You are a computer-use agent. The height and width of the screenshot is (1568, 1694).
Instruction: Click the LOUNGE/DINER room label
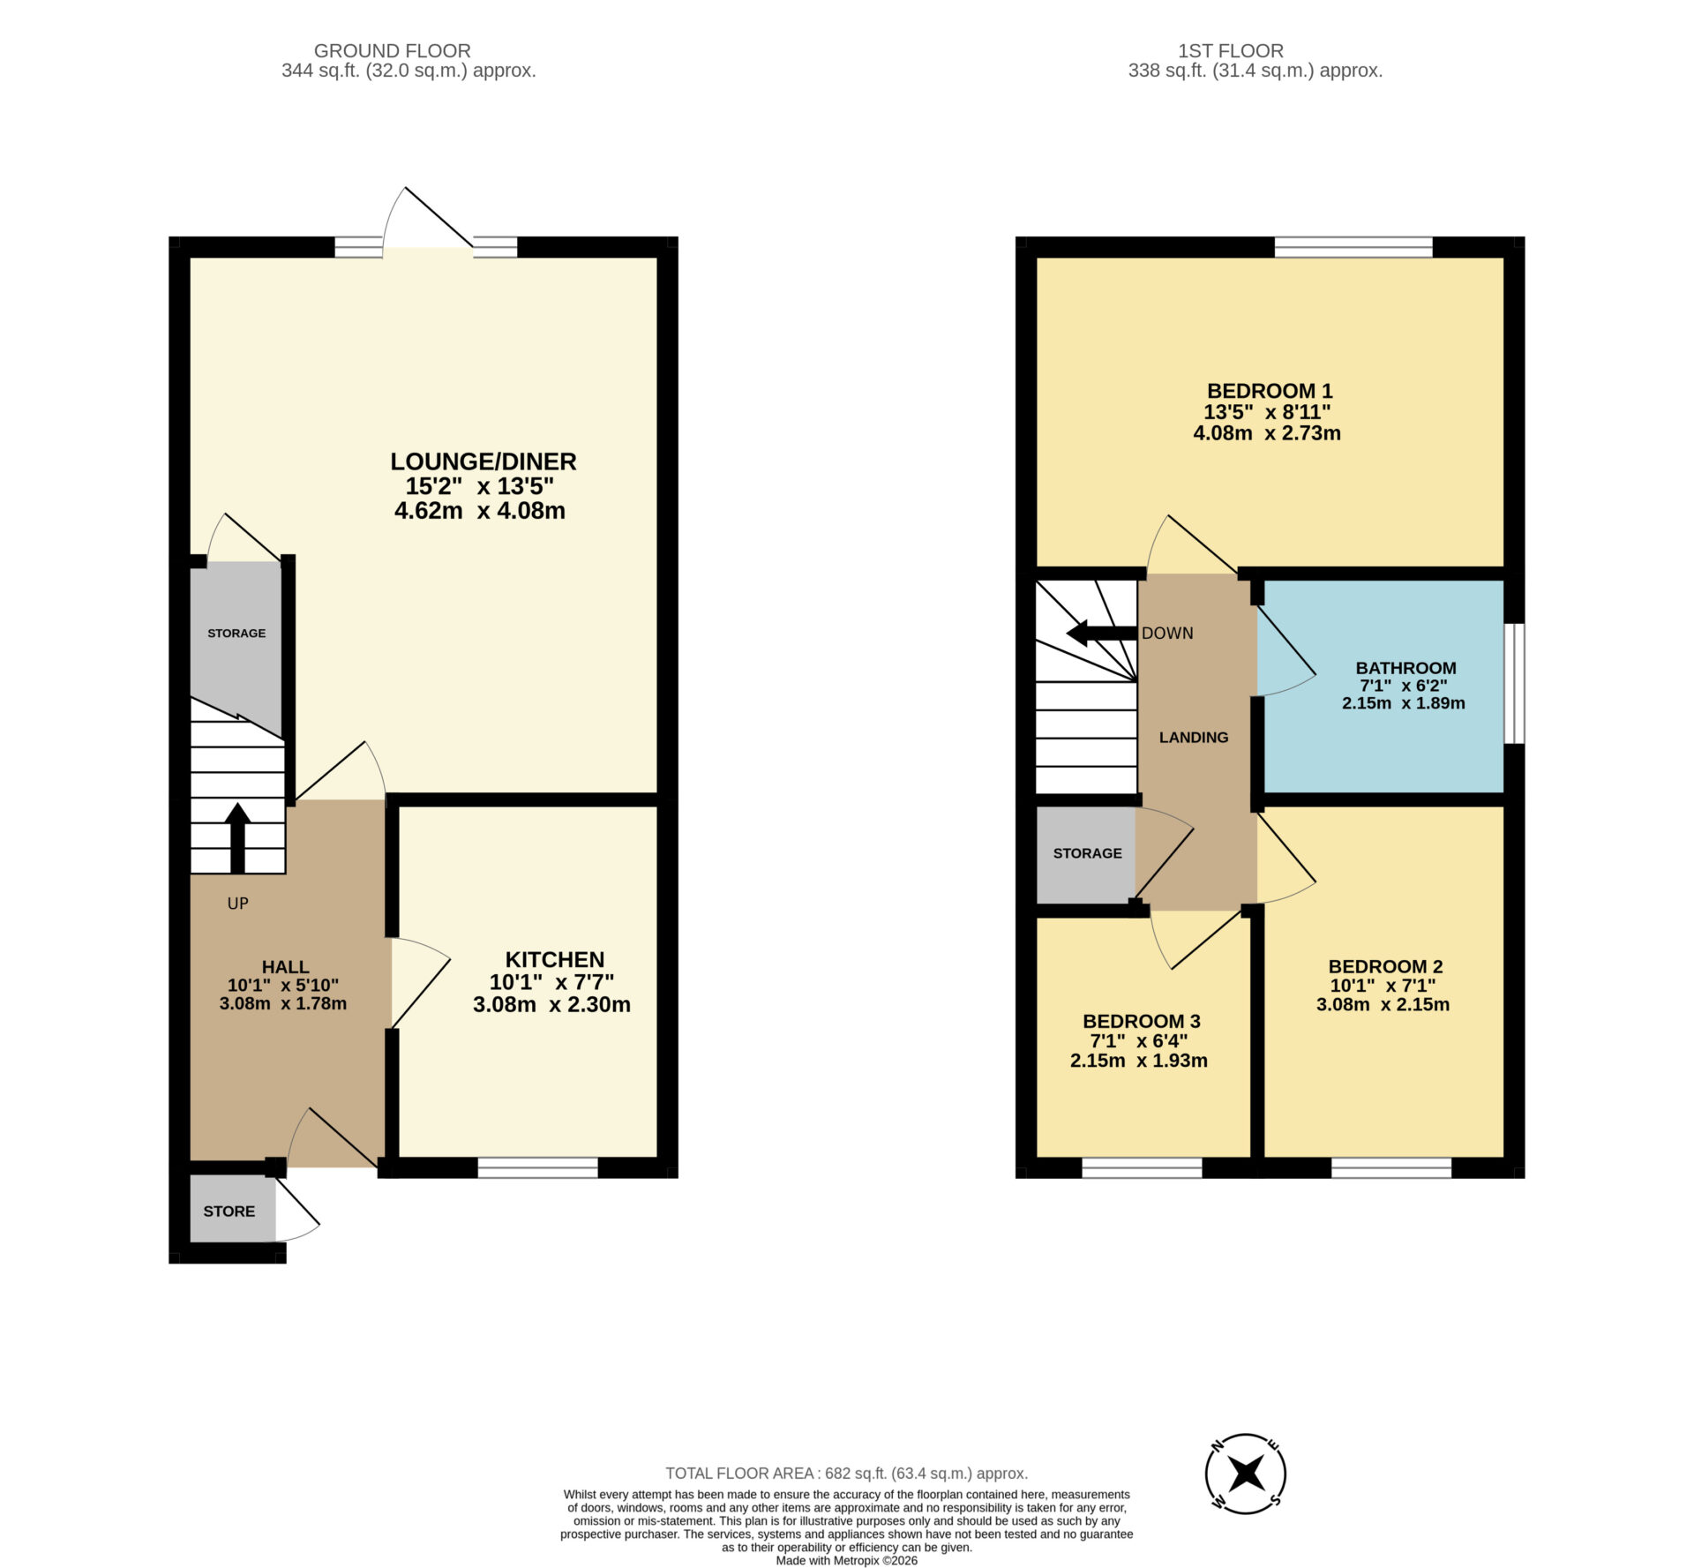pos(483,461)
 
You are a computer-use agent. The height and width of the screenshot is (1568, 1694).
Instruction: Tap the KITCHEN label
pos(554,959)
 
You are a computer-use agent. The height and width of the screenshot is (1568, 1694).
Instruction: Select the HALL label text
pos(285,966)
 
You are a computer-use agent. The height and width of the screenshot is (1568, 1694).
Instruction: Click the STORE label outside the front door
pos(229,1212)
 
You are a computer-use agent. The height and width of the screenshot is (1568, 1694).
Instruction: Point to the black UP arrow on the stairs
pos(237,837)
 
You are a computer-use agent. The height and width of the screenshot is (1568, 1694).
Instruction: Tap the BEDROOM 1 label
pos(1269,391)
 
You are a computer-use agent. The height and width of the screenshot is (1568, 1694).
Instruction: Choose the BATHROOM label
pos(1405,668)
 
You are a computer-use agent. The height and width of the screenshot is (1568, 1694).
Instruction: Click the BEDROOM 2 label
pos(1385,966)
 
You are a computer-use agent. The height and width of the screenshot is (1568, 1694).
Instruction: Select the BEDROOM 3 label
pos(1141,1021)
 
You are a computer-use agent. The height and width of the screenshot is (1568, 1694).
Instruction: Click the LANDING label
pos(1193,737)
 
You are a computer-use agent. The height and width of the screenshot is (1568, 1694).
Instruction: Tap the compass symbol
pos(1245,1474)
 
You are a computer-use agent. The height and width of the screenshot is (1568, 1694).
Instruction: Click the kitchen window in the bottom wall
pos(537,1167)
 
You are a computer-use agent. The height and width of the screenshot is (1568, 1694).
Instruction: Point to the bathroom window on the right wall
pos(1514,683)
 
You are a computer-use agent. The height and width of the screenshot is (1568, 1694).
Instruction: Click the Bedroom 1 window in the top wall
pos(1353,247)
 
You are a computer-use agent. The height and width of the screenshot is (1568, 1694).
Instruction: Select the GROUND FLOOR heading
pos(392,51)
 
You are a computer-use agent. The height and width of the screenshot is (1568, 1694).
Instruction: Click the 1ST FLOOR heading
pos(1230,51)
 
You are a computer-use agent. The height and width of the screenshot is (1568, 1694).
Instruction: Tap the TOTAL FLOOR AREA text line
pos(846,1473)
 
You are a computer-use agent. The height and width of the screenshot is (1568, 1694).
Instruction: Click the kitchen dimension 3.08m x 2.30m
pos(551,1004)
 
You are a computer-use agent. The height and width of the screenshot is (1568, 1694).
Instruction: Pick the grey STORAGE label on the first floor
pos(1087,853)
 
